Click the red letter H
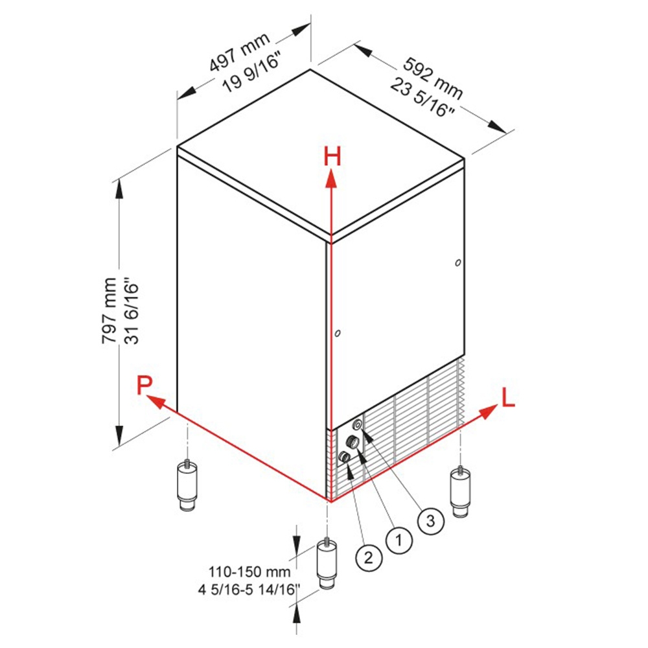tap(332, 157)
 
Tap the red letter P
tap(145, 385)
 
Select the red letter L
tap(508, 398)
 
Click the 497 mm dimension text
tap(240, 52)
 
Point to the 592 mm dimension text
tap(433, 78)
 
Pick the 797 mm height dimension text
tap(110, 310)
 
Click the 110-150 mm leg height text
tap(249, 572)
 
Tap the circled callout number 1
tap(399, 540)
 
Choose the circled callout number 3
tap(431, 521)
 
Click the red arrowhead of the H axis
tap(330, 179)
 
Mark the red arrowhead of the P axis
tap(156, 400)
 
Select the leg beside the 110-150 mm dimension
tap(327, 564)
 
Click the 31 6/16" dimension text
tap(133, 314)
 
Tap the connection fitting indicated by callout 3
tap(357, 424)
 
